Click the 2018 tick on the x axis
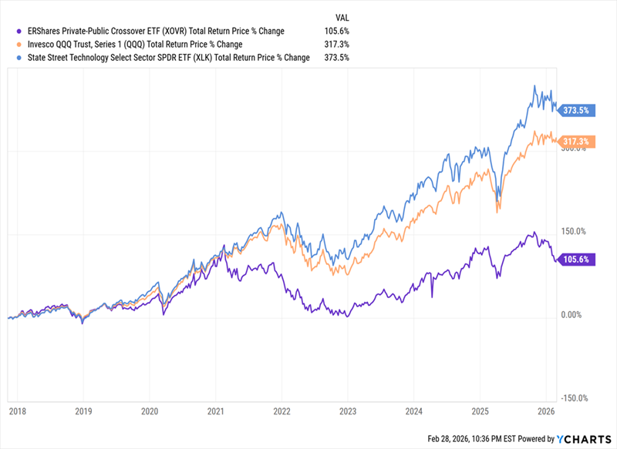19,412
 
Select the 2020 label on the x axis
150,412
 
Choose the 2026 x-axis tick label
546,412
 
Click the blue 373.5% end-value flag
576,110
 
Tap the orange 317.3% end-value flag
576,142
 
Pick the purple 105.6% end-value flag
576,260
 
